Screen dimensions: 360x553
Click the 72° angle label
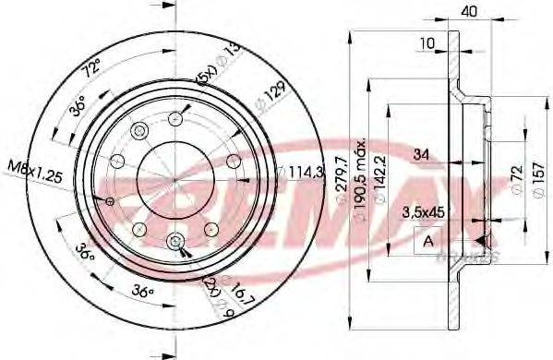90,68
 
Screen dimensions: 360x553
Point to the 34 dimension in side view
420,152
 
